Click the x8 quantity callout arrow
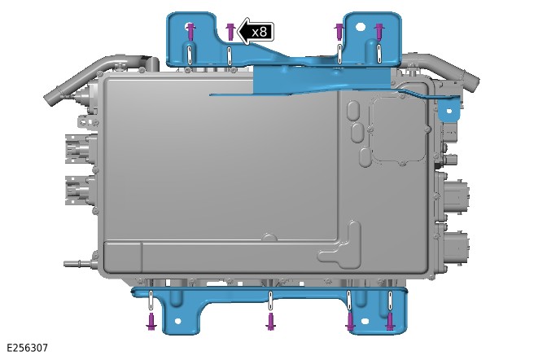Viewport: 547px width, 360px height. pos(256,32)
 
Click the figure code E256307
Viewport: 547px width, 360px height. pos(27,348)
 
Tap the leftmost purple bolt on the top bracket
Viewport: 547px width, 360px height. pos(190,32)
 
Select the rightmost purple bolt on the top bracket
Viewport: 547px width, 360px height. pos(379,32)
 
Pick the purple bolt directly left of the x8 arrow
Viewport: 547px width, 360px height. pos(230,32)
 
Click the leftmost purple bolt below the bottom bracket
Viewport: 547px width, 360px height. pos(151,322)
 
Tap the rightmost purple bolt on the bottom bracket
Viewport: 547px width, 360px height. pos(390,322)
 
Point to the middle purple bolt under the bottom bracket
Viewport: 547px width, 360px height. pos(270,322)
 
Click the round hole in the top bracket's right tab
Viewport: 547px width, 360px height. pos(361,26)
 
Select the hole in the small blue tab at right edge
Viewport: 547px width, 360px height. pos(449,112)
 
